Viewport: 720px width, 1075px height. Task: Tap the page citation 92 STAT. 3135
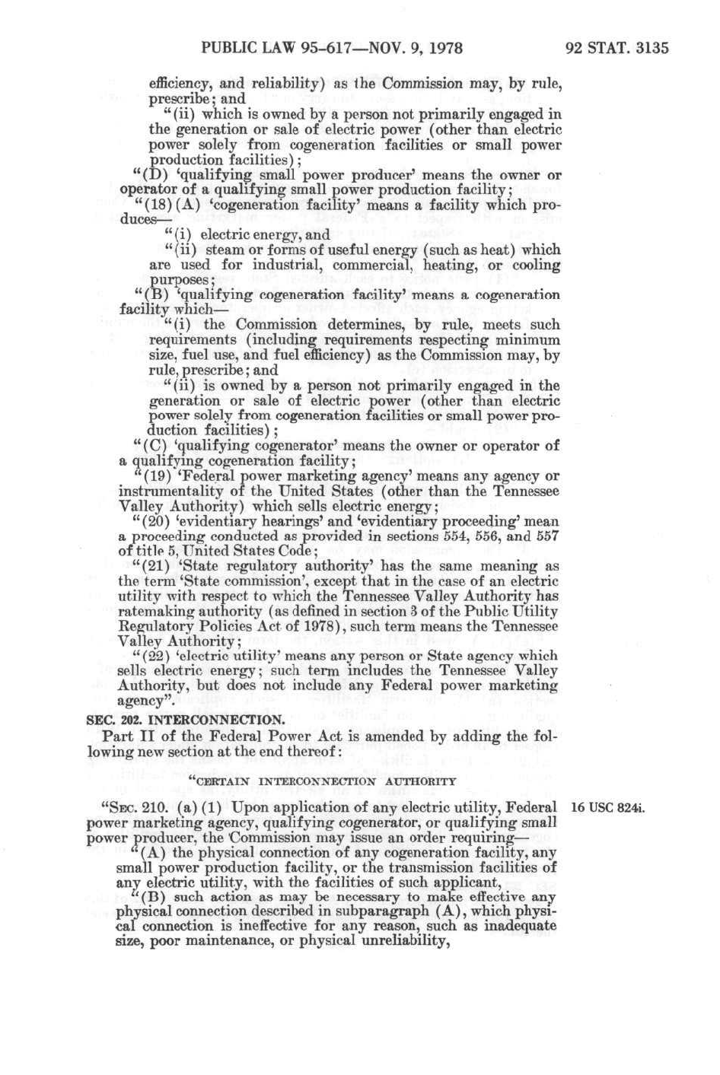[x=617, y=49]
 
